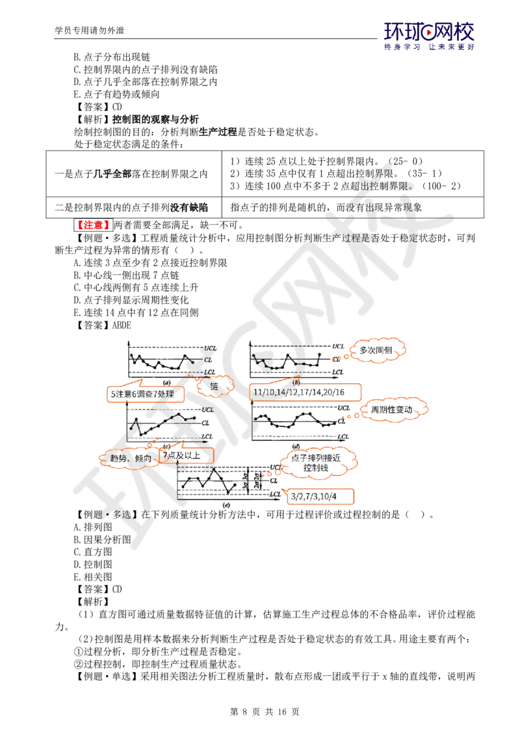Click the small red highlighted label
[93, 225]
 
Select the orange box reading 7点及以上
[185, 456]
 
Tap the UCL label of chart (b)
[339, 347]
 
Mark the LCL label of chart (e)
[276, 494]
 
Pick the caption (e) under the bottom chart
[226, 505]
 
